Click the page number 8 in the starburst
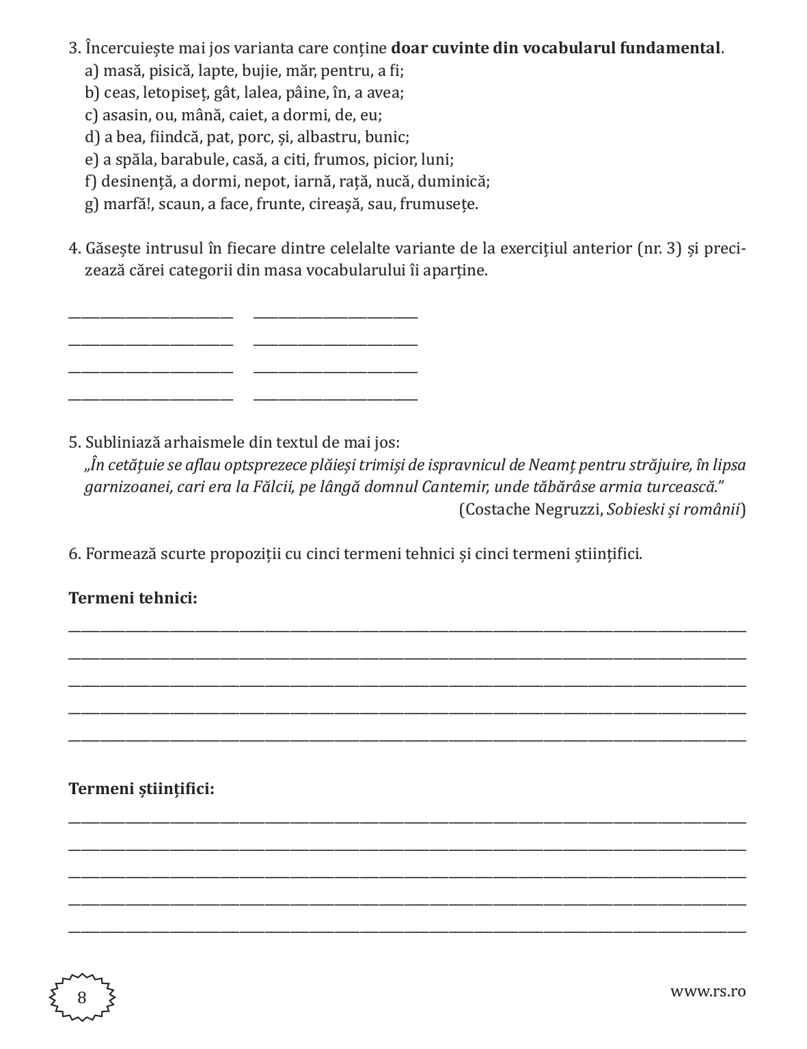[x=82, y=998]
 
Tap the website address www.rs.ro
[x=708, y=991]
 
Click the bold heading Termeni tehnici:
[x=133, y=598]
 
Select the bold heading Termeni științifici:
[x=141, y=789]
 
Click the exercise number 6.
[x=74, y=554]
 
